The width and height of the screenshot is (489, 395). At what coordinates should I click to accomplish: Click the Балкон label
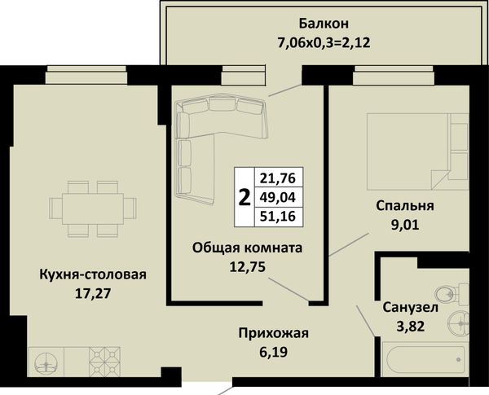[x=324, y=24]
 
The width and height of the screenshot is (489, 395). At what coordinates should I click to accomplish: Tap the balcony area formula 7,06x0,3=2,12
[x=324, y=42]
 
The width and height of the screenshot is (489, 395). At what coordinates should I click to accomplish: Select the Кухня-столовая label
[x=93, y=274]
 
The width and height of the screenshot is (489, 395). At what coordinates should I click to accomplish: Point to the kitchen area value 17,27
[x=93, y=293]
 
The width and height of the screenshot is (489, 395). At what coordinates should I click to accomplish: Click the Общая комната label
[x=247, y=248]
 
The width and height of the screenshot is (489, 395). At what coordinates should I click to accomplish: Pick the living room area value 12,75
[x=247, y=266]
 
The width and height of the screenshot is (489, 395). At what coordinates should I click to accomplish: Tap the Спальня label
[x=405, y=206]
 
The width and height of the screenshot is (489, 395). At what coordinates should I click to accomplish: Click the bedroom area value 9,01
[x=405, y=225]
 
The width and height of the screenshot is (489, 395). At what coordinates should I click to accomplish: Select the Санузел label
[x=411, y=308]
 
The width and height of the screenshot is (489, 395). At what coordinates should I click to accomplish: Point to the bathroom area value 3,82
[x=411, y=327]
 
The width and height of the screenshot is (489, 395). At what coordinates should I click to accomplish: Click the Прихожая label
[x=274, y=333]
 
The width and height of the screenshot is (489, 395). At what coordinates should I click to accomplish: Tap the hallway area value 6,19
[x=274, y=352]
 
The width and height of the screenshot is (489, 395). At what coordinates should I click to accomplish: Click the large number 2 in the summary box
[x=244, y=198]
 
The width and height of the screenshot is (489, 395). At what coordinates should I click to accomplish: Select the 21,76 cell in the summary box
[x=278, y=178]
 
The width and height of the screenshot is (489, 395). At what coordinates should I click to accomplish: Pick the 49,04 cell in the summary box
[x=278, y=197]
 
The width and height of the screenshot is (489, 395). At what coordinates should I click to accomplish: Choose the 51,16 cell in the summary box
[x=278, y=217]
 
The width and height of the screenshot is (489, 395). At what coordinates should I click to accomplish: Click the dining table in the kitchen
[x=93, y=208]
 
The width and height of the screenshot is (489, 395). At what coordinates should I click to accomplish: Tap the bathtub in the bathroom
[x=425, y=360]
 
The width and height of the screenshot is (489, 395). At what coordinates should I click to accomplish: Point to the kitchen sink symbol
[x=46, y=363]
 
